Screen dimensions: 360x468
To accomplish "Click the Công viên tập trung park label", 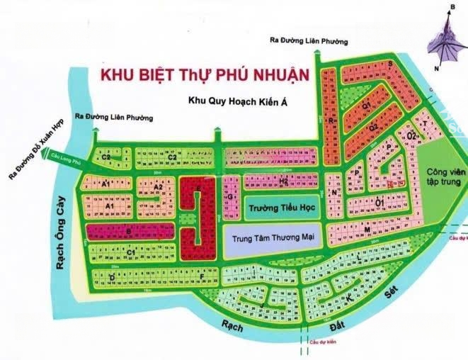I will (x=443, y=176).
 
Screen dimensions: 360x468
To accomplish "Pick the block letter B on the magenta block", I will (x=129, y=230).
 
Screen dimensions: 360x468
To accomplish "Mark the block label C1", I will (x=131, y=252).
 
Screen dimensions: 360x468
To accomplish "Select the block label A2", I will (x=160, y=186).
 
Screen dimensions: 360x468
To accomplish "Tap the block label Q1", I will (x=367, y=105).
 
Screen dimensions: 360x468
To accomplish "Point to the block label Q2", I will (x=373, y=128).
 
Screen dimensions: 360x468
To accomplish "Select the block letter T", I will (x=423, y=125).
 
